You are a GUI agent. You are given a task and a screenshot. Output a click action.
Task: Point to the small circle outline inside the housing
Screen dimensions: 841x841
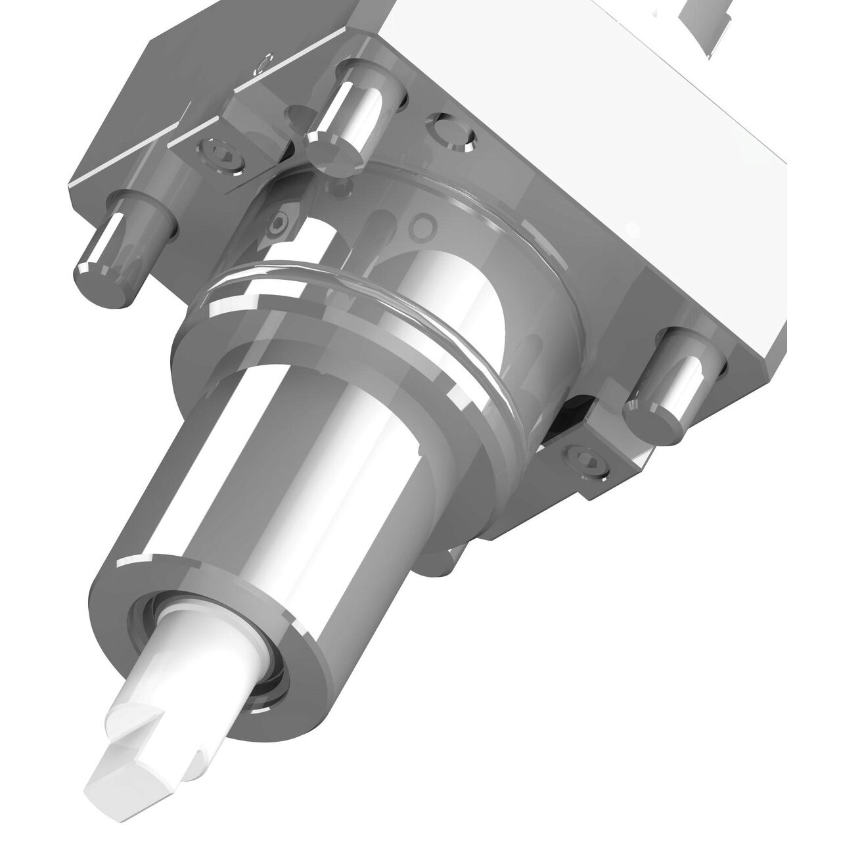pyautogui.click(x=420, y=227)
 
